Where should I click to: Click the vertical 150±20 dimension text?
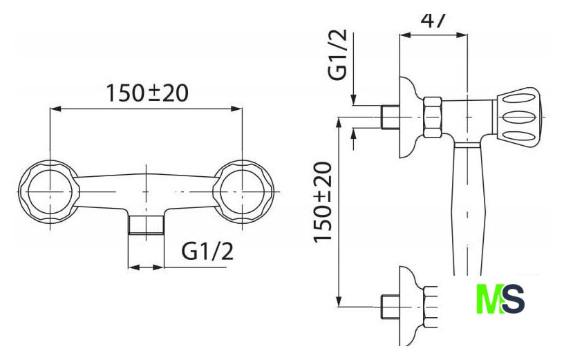323,202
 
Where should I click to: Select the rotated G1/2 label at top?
339,55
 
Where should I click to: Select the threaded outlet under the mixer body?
146,225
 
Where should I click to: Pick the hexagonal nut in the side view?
432,115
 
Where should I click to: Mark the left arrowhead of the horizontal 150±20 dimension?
55,108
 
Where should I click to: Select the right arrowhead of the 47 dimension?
464,35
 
